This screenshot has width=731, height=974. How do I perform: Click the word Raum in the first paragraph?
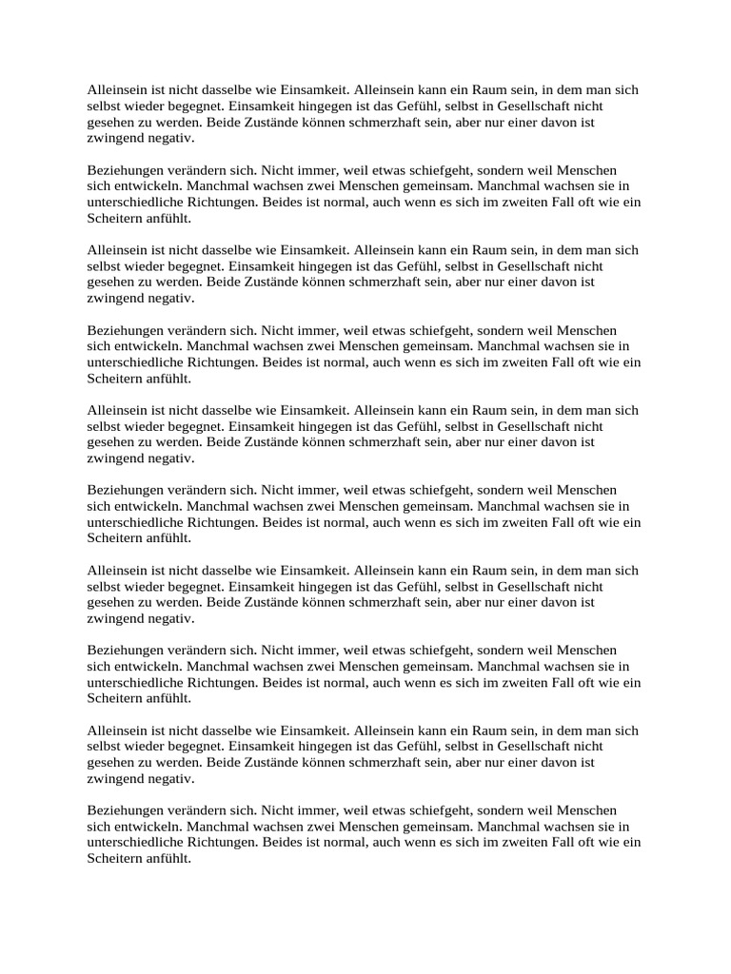pyautogui.click(x=491, y=90)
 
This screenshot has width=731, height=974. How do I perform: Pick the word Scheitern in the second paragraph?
pyautogui.click(x=113, y=218)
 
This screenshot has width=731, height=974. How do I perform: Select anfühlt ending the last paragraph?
pyautogui.click(x=168, y=858)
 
